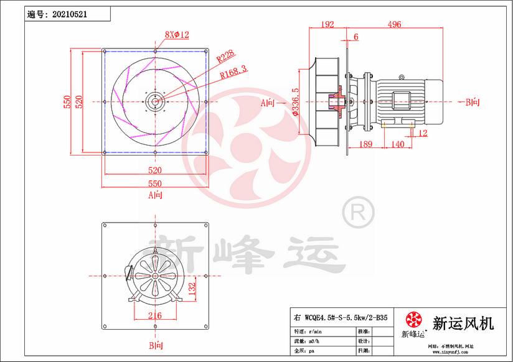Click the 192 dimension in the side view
click(327, 24)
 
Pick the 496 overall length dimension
click(393, 24)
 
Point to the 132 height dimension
click(192, 287)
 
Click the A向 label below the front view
click(155, 195)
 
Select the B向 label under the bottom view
click(155, 345)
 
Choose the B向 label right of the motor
click(473, 102)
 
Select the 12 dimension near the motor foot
click(423, 133)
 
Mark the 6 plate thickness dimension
click(355, 37)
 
